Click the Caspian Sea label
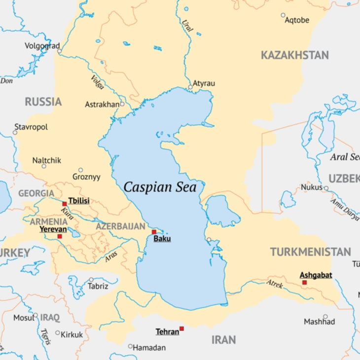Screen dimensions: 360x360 (160, 187)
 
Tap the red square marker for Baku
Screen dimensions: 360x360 (154, 232)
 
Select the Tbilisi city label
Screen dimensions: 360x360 (79, 201)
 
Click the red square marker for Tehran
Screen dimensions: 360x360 (181, 328)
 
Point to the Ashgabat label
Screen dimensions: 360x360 (316, 275)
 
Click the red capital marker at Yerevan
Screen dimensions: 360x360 (60, 237)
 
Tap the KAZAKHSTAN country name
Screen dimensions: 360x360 (294, 55)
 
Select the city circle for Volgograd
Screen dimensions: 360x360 (59, 51)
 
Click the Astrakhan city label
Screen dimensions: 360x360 (102, 105)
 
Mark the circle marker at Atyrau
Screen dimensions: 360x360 (190, 87)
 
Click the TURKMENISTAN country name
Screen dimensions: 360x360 (310, 252)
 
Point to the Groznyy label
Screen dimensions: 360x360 (86, 177)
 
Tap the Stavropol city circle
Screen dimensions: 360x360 (15, 132)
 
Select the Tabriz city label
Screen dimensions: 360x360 (98, 286)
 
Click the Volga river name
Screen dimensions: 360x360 (97, 82)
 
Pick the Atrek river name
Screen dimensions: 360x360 (275, 284)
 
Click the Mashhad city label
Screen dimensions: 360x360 (319, 322)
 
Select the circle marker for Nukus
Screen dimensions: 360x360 (326, 188)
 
